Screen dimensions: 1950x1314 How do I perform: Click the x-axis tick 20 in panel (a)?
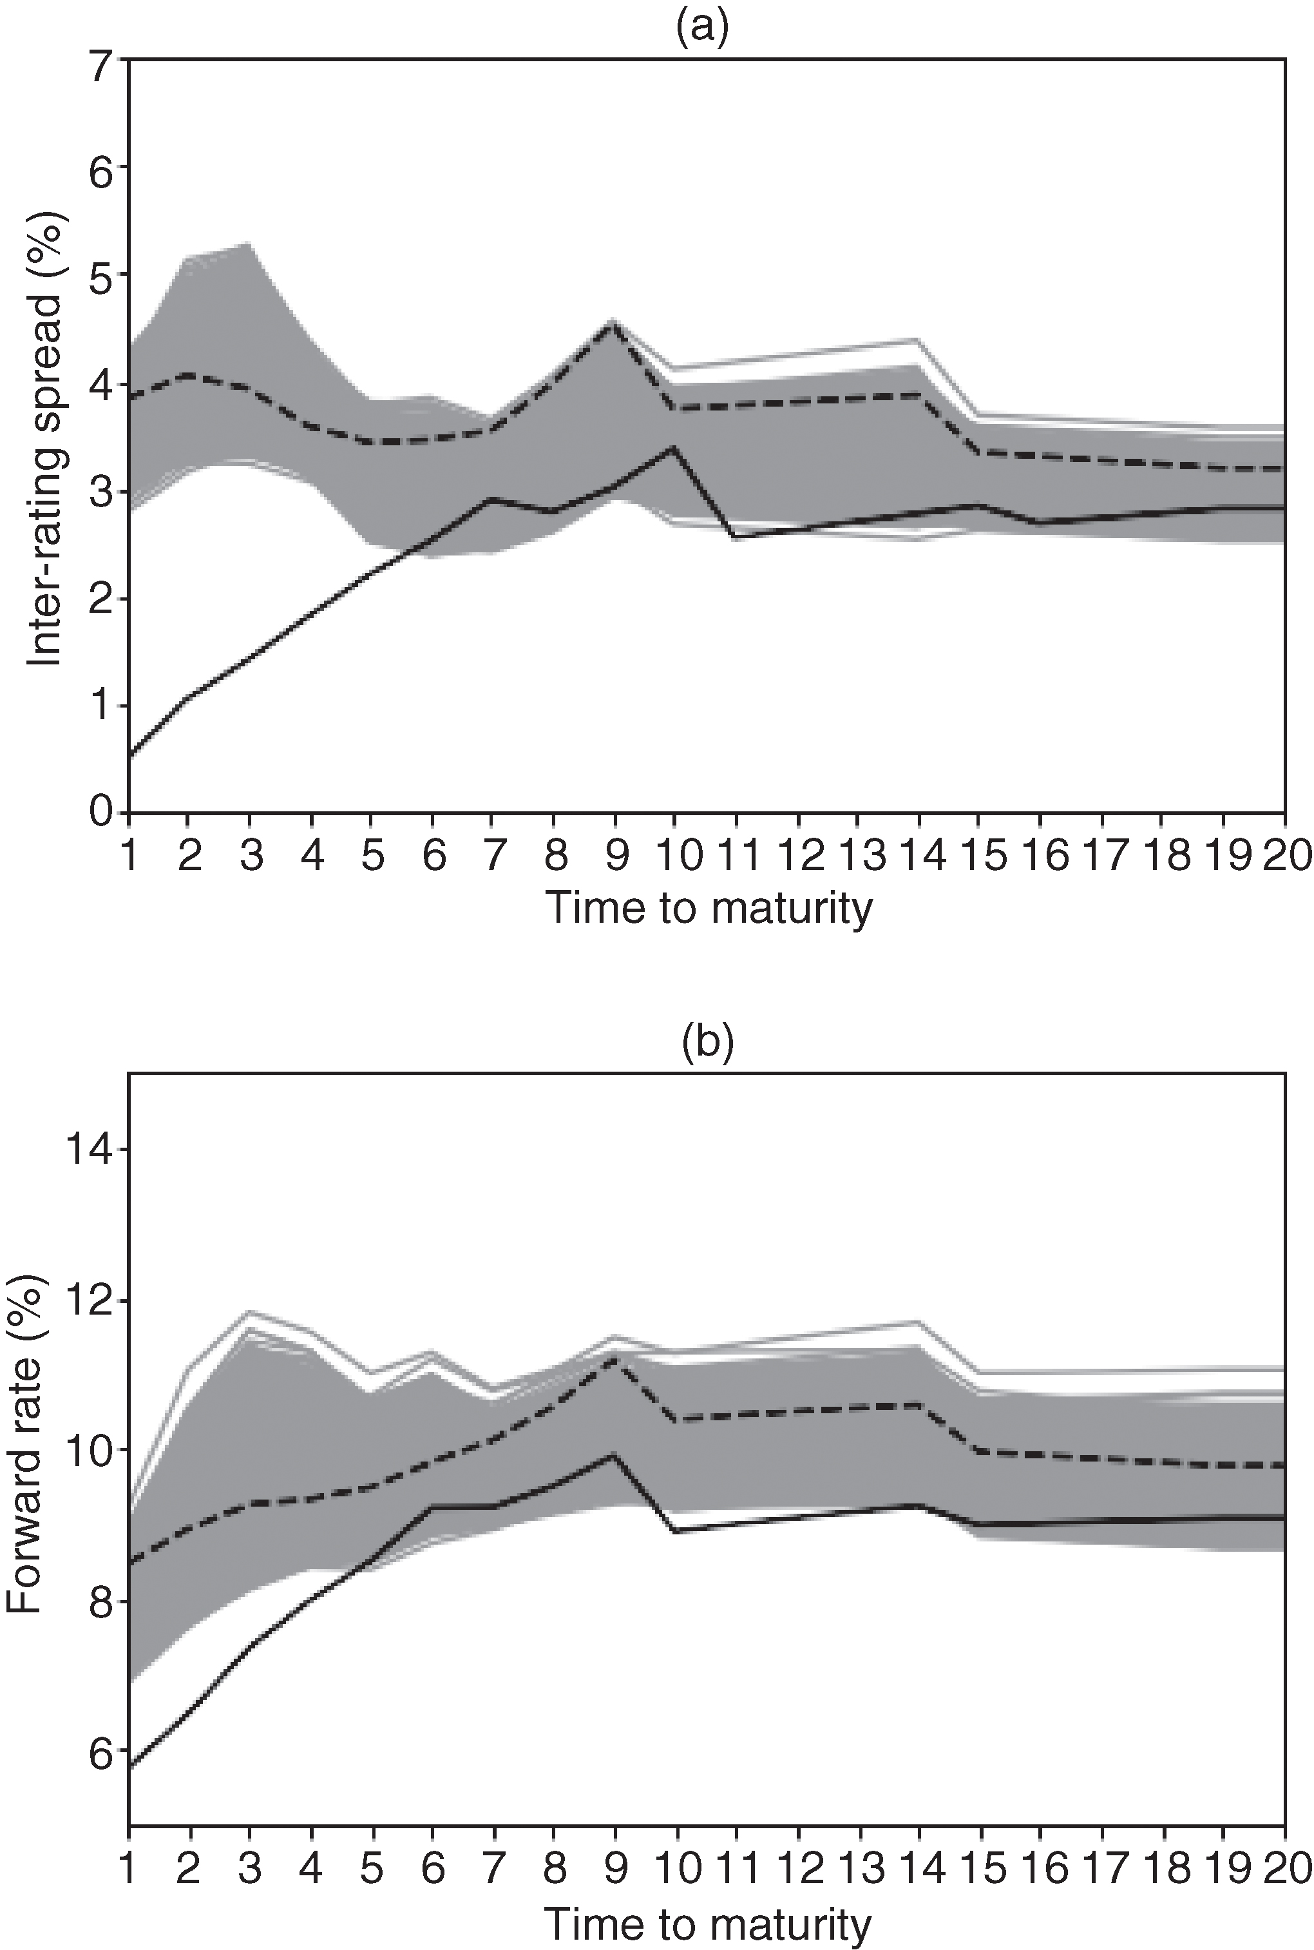tap(1283, 858)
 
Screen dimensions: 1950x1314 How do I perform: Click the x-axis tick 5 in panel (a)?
tap(372, 858)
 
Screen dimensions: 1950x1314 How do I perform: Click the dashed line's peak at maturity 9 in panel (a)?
tap(614, 323)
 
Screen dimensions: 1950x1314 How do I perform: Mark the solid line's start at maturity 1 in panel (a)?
tap(130, 755)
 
